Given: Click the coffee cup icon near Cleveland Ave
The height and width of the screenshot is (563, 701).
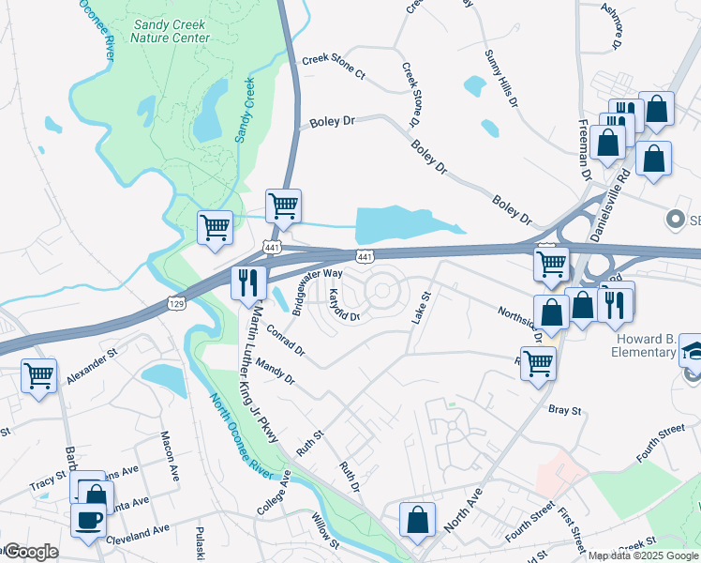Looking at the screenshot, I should click(x=89, y=519).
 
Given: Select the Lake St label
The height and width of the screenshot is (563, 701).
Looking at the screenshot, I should click(x=420, y=309).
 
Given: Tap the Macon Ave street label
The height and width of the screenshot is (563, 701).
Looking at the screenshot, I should click(x=169, y=455).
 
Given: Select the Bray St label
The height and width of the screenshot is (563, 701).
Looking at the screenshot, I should click(x=565, y=410).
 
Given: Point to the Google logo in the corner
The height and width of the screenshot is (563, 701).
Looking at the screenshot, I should click(x=31, y=552).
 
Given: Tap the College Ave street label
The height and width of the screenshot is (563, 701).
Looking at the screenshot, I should click(x=274, y=492).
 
